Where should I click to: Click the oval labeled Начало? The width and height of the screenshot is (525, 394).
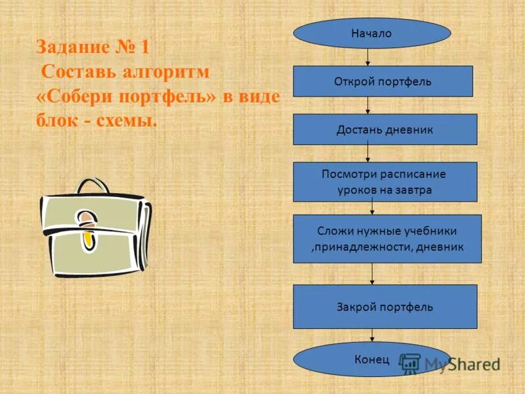[x=371, y=33]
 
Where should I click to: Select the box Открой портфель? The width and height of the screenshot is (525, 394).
[x=383, y=81]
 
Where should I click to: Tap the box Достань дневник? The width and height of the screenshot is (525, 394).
[x=385, y=129]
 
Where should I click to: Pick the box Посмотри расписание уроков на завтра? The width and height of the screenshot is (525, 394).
[x=385, y=182]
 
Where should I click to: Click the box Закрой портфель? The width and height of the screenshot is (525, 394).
[x=385, y=307]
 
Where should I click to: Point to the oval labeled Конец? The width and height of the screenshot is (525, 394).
[x=371, y=359]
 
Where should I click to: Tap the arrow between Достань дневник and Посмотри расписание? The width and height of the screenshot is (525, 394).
[x=369, y=154]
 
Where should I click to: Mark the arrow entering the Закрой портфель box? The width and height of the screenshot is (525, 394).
[x=373, y=274]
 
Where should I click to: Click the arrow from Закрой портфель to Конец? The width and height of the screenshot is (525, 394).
[x=373, y=336]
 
